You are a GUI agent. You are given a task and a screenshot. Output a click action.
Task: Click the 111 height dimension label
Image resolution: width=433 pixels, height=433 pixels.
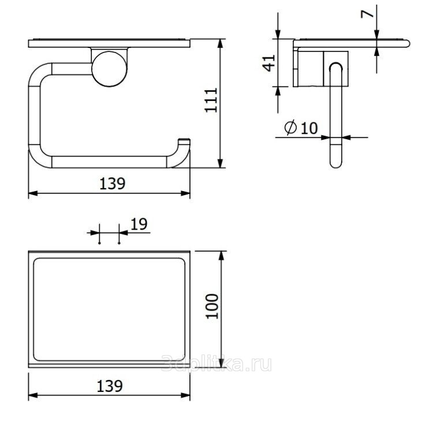tap(211, 100)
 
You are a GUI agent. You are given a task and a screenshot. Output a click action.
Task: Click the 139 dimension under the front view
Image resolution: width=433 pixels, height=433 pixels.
tap(112, 184)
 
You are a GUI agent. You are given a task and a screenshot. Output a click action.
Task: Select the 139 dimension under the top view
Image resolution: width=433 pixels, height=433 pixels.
tap(110, 386)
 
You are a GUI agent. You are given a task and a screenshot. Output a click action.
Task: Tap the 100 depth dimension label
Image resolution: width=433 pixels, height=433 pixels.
tap(212, 307)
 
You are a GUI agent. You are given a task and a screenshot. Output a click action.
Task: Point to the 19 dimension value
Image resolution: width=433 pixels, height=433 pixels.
tap(139, 224)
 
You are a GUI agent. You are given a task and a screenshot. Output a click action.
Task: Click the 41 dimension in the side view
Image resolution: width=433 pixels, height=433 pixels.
tap(268, 64)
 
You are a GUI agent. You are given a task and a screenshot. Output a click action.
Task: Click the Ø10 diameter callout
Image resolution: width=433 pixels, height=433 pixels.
tap(301, 128)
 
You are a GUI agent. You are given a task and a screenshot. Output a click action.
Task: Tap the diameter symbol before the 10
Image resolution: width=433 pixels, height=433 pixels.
tap(290, 128)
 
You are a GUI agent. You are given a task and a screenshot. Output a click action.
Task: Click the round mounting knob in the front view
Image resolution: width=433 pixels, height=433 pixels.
tap(109, 69)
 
